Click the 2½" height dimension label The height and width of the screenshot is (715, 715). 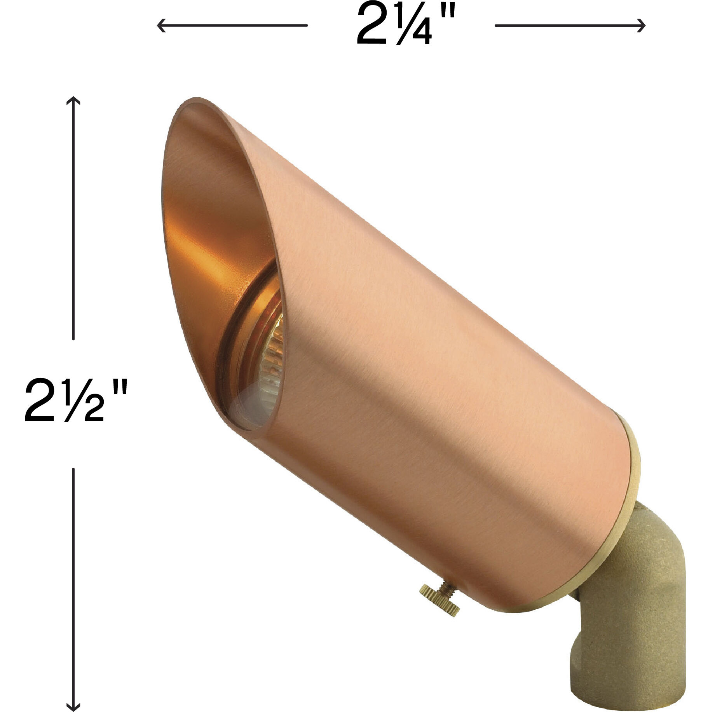coord(76,401)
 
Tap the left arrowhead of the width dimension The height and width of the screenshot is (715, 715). coord(160,26)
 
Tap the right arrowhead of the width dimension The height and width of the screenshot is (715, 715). coord(642,26)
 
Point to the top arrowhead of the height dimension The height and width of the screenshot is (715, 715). coord(73,101)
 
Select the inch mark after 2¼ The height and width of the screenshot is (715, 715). coord(447,18)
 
